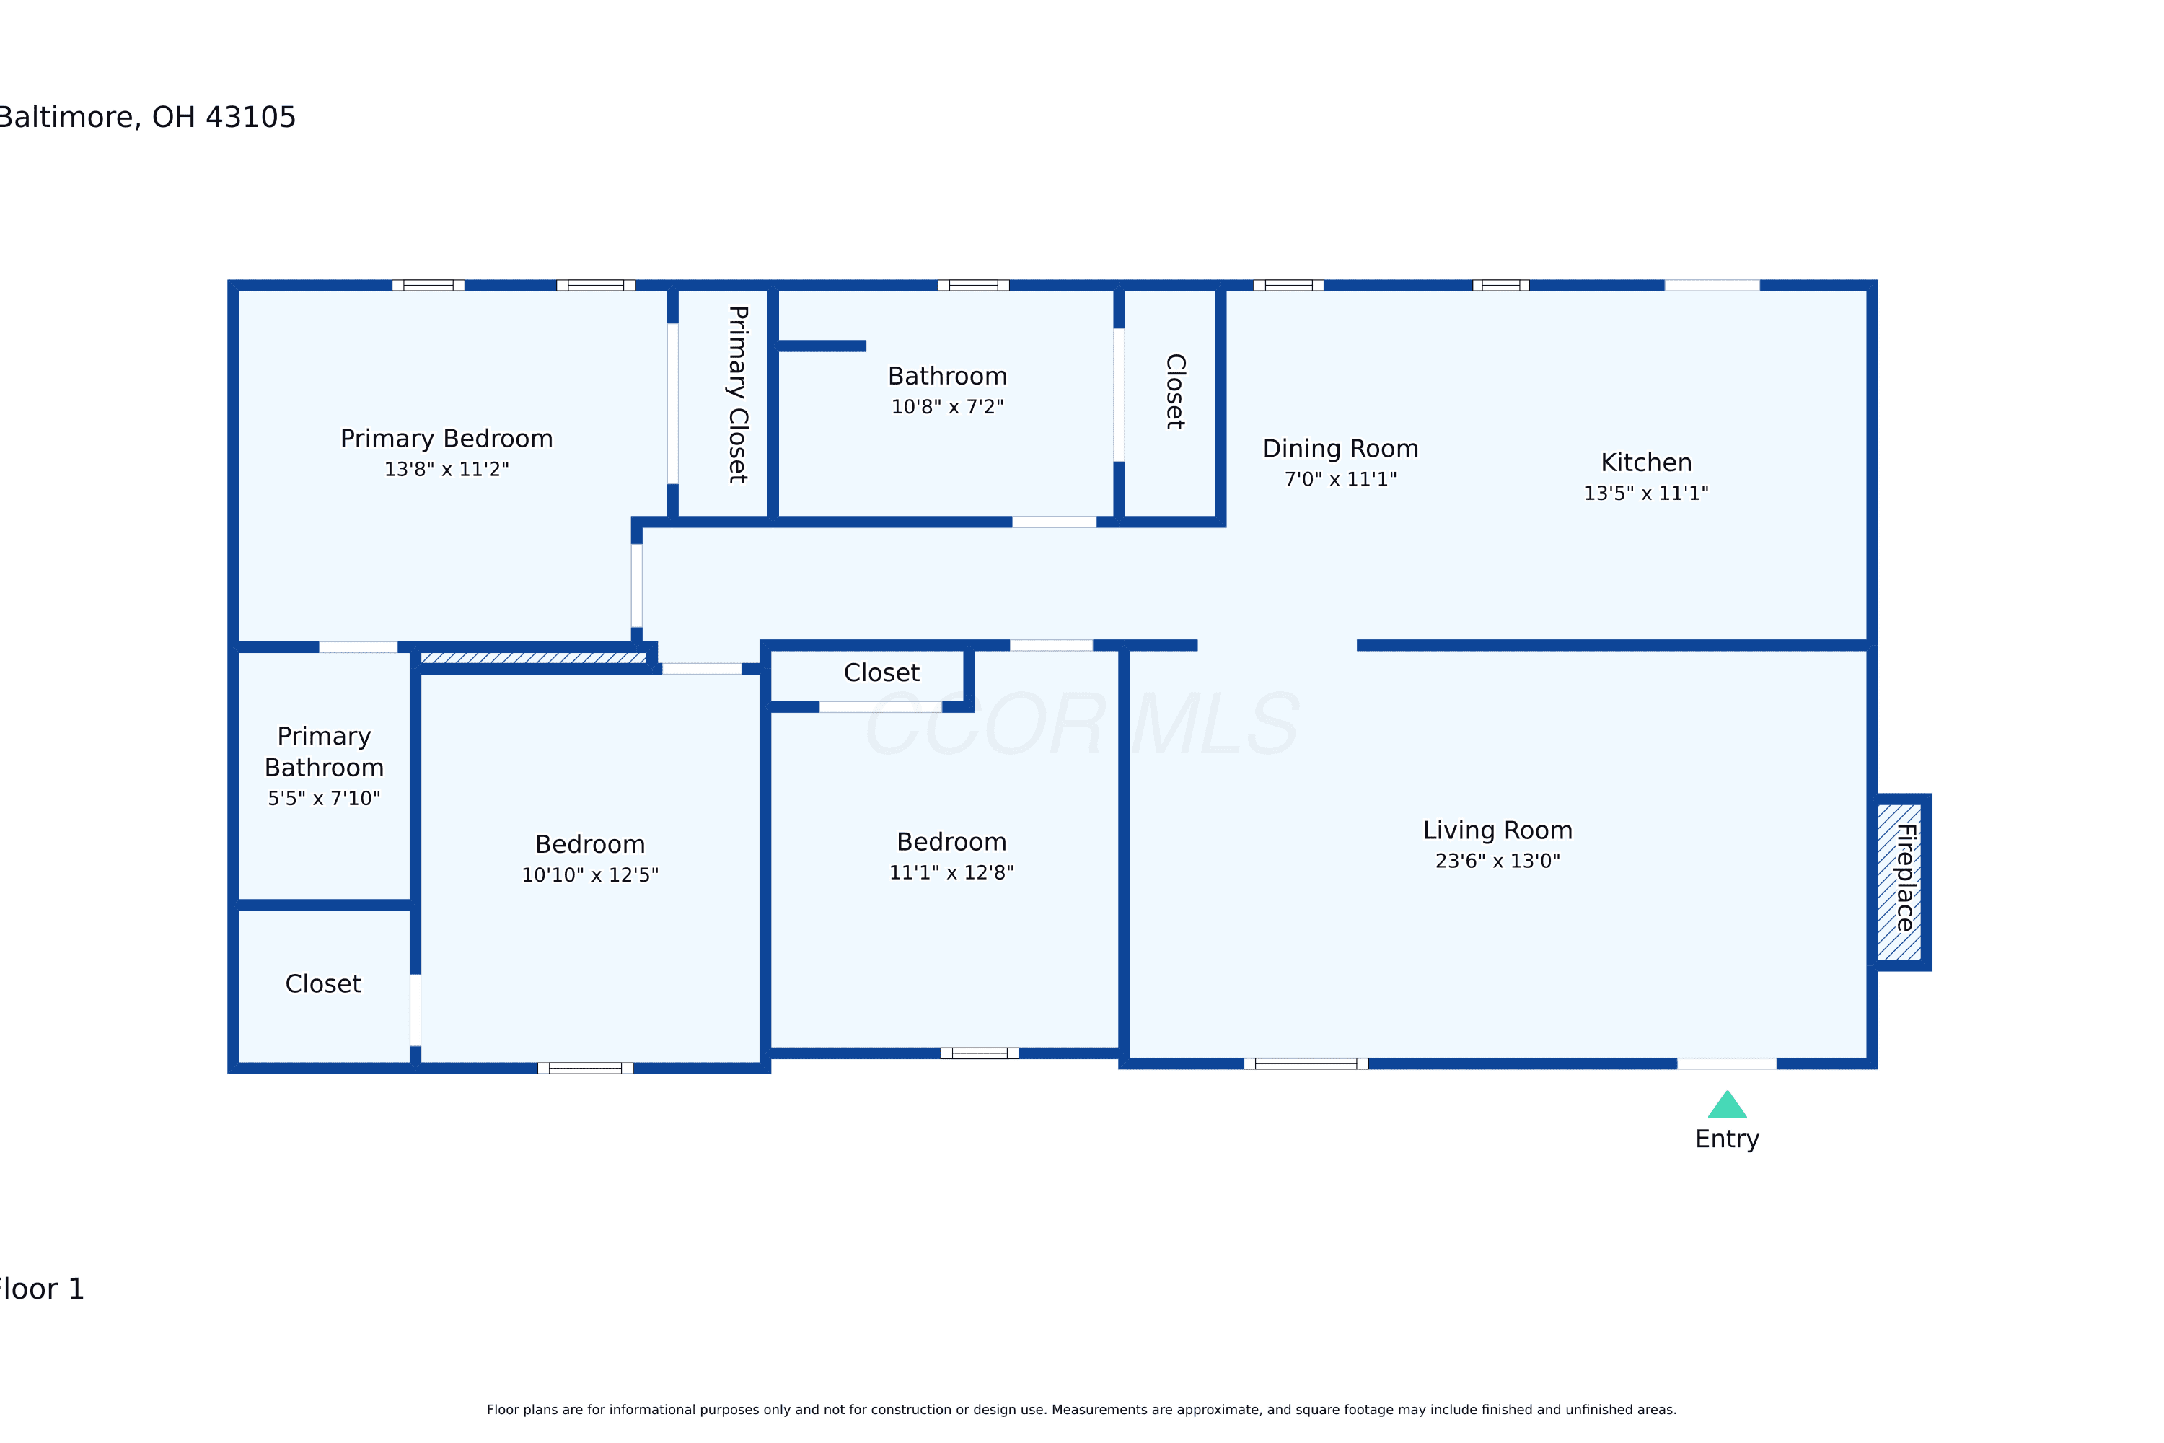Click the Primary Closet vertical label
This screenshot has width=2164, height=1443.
tap(738, 395)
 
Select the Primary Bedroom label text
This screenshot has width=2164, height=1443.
tap(447, 438)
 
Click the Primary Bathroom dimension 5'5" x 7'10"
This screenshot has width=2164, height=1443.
tap(324, 798)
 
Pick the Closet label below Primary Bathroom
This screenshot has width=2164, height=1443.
tap(323, 984)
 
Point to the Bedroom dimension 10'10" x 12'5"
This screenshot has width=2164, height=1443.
tap(590, 874)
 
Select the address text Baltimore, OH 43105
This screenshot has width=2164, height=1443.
tap(147, 117)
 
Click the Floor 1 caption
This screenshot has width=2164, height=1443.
tap(41, 1289)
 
